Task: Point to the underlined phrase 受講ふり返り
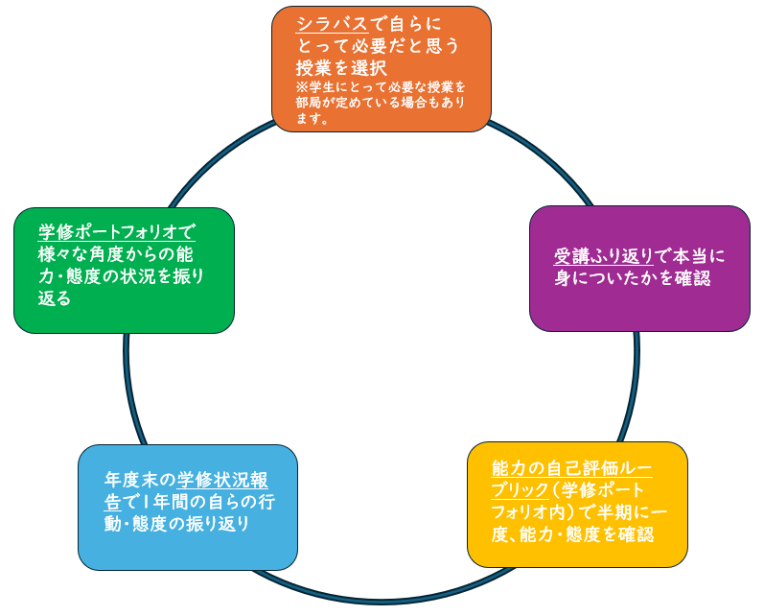point(602,256)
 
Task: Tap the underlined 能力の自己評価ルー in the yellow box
point(571,468)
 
